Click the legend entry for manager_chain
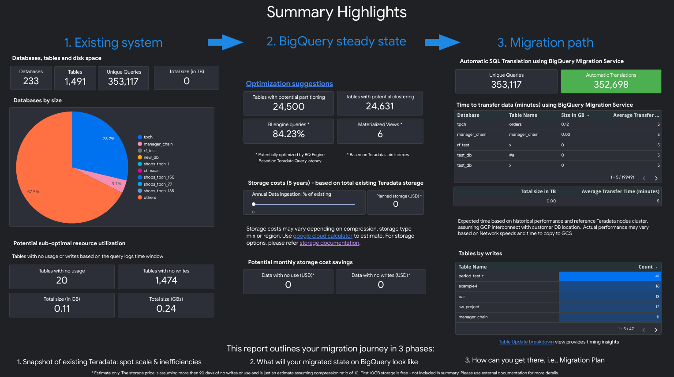(x=158, y=144)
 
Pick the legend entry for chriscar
(x=151, y=171)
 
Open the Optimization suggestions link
(x=289, y=84)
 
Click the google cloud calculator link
(x=322, y=236)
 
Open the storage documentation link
(x=329, y=243)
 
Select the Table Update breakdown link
(x=526, y=342)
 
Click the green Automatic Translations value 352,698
(x=611, y=85)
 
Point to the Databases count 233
(x=31, y=81)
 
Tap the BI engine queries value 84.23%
(x=288, y=134)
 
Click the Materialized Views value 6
(x=380, y=134)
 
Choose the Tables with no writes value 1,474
(x=166, y=280)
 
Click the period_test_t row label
(x=471, y=276)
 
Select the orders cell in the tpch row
(x=515, y=124)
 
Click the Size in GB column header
(x=573, y=115)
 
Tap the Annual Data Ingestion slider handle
(x=254, y=204)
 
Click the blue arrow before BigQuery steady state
(x=225, y=42)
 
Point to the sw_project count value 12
(x=657, y=307)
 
